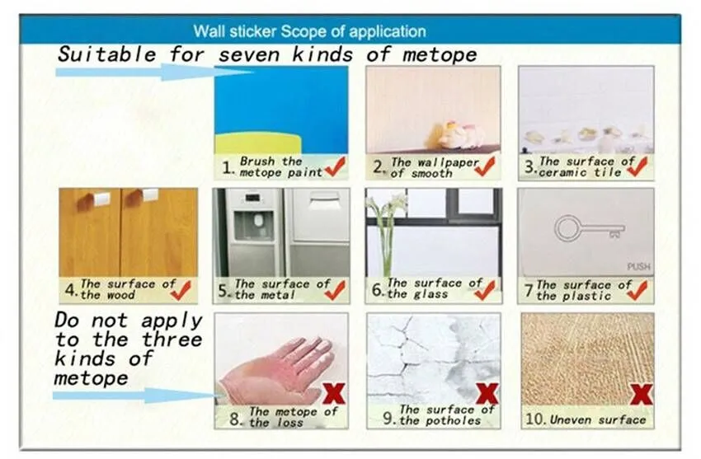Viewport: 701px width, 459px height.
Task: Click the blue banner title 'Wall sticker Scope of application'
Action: (x=309, y=31)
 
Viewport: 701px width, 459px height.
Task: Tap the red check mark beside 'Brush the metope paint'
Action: (x=336, y=166)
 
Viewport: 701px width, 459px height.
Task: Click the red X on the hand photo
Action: (x=334, y=393)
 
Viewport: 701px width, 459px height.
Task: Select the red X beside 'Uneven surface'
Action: (x=641, y=394)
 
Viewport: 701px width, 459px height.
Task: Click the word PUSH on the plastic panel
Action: (x=638, y=266)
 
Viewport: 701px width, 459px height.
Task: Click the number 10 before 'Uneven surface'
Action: (x=534, y=419)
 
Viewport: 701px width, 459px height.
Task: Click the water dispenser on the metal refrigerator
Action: (x=253, y=222)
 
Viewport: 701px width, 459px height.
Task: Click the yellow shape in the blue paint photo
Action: (x=258, y=143)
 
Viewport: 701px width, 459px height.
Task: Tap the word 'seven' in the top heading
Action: (x=249, y=55)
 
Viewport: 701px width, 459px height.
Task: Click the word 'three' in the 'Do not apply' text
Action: (x=172, y=340)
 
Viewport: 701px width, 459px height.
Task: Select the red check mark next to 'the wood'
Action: (x=181, y=290)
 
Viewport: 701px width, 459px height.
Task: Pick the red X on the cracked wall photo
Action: (x=487, y=393)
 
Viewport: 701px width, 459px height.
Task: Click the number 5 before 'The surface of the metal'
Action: (x=223, y=291)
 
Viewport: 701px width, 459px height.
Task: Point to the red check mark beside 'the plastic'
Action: (x=637, y=290)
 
